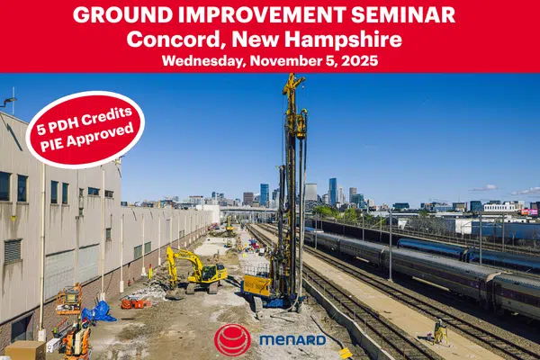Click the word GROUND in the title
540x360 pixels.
[122, 14]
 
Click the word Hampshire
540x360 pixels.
[343, 40]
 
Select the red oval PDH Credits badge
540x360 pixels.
[85, 130]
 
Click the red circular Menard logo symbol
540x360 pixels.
[232, 339]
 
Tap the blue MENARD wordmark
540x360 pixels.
[292, 340]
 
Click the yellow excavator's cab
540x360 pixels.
[210, 273]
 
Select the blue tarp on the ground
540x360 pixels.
[98, 311]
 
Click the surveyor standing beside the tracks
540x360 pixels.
[439, 331]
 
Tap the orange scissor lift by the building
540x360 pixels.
[69, 299]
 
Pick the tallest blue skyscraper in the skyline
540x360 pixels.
[332, 192]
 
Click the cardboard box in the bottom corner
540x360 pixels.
[25, 350]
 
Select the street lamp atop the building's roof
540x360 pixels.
[10, 101]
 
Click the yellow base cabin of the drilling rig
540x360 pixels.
[257, 285]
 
